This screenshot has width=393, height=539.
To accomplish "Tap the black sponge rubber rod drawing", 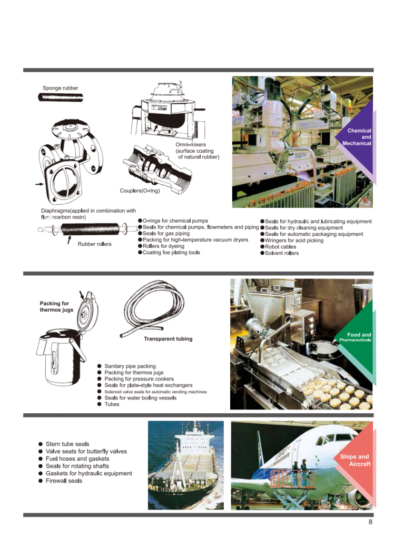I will pos(60,97).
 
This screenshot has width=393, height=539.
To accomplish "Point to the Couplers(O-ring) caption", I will pos(140,191).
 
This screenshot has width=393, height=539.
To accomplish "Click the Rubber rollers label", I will pos(95,244).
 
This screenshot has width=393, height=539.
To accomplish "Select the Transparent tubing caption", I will pos(168,339).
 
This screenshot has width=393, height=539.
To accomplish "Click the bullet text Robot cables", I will pos(282,247).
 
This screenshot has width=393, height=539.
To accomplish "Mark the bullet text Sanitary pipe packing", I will pos(130,366).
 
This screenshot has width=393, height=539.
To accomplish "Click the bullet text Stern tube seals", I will pos(67,444).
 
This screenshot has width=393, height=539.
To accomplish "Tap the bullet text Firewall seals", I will pos(64,481).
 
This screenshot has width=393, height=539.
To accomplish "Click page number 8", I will pos(370,522).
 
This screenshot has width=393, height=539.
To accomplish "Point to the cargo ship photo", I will pos(181,465).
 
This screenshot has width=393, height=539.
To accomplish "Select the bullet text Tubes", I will pos(112,404).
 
